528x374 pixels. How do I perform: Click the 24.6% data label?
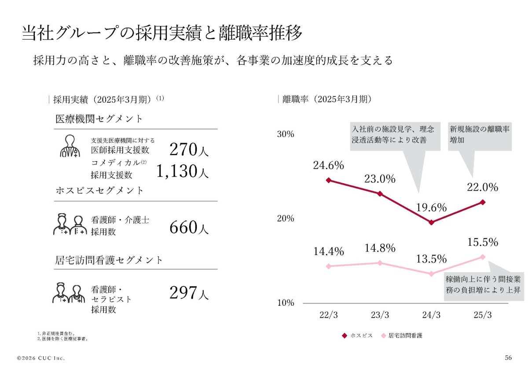pos(328,165)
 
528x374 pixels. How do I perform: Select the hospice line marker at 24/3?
pos(431,222)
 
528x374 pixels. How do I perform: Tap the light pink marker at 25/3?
pos(483,257)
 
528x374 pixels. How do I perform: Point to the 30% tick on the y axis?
pos(286,134)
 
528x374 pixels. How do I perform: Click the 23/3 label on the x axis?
pos(380,315)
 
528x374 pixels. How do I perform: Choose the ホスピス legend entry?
pos(357,336)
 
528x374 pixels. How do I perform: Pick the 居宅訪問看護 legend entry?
pos(402,336)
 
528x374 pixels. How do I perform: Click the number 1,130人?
pos(182,171)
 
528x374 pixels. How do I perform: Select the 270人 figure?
pos(189,150)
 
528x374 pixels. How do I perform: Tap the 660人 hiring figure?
pos(189,227)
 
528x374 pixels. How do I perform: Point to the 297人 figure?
pos(189,293)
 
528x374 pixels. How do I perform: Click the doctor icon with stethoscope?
pos(70,146)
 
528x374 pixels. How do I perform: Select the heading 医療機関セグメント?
pos(99,118)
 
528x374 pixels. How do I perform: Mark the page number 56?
pos(508,358)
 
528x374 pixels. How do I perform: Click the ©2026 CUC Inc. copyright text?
pos(41,358)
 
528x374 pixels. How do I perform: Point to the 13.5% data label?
pos(431,259)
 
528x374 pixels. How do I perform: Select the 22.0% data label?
pos(483,187)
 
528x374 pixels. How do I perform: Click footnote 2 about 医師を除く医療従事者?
pos(63,339)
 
